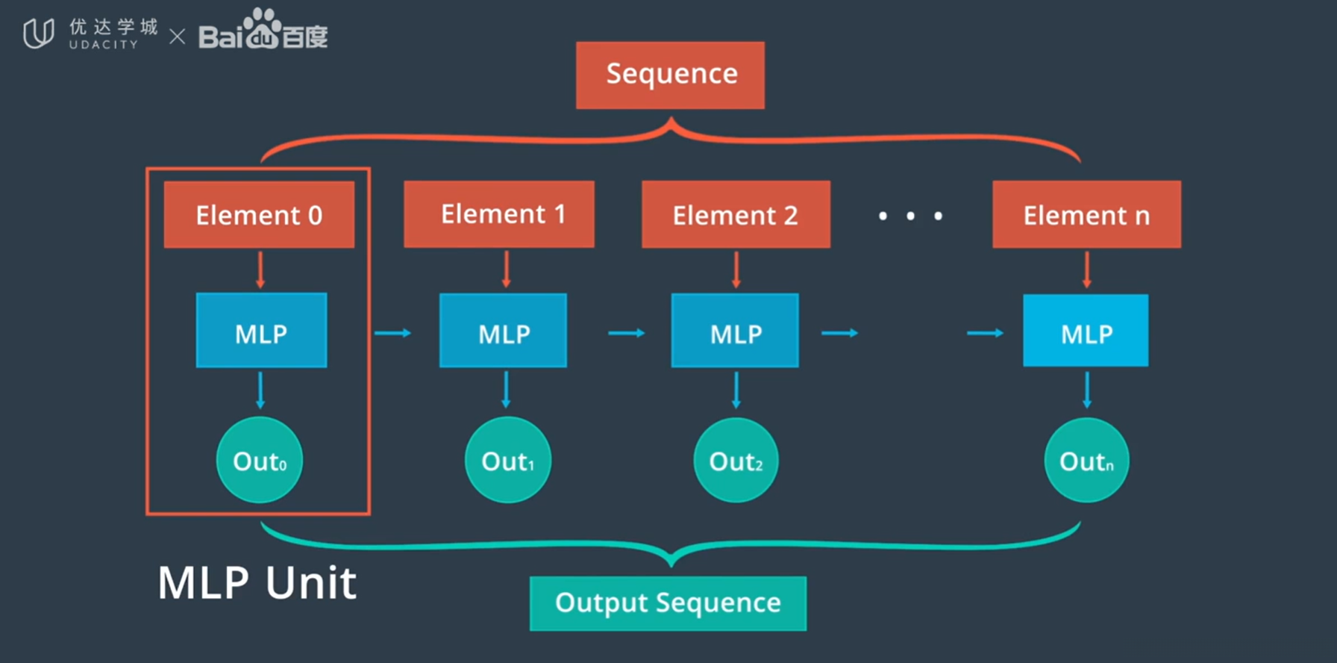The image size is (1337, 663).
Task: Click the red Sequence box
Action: pos(670,75)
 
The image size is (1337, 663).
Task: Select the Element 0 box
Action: pos(259,215)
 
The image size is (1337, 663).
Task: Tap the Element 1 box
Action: pos(499,214)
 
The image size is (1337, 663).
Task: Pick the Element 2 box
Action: pos(736,215)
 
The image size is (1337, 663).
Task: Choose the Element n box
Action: pos(1086,215)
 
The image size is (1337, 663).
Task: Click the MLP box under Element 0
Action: pos(261,331)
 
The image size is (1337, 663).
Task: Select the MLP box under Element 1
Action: pos(503,331)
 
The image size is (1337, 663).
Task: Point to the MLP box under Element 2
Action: pos(735,331)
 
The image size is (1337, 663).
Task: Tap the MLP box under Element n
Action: pos(1086,331)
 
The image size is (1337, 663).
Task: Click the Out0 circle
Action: pos(260,460)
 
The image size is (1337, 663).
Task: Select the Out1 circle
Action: pos(508,460)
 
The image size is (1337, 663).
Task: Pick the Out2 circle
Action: pos(736,460)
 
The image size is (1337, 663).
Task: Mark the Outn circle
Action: pos(1086,460)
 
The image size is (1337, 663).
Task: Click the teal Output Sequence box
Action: pos(668,603)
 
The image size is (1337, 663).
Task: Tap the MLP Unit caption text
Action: pos(257,582)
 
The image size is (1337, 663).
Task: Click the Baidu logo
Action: pos(263,31)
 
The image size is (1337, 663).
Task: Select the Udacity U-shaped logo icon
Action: pos(38,34)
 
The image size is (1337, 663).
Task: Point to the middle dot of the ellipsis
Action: pos(910,216)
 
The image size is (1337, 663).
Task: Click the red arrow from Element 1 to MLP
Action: pos(507,270)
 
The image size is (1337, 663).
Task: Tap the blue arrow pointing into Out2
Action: pos(736,390)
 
